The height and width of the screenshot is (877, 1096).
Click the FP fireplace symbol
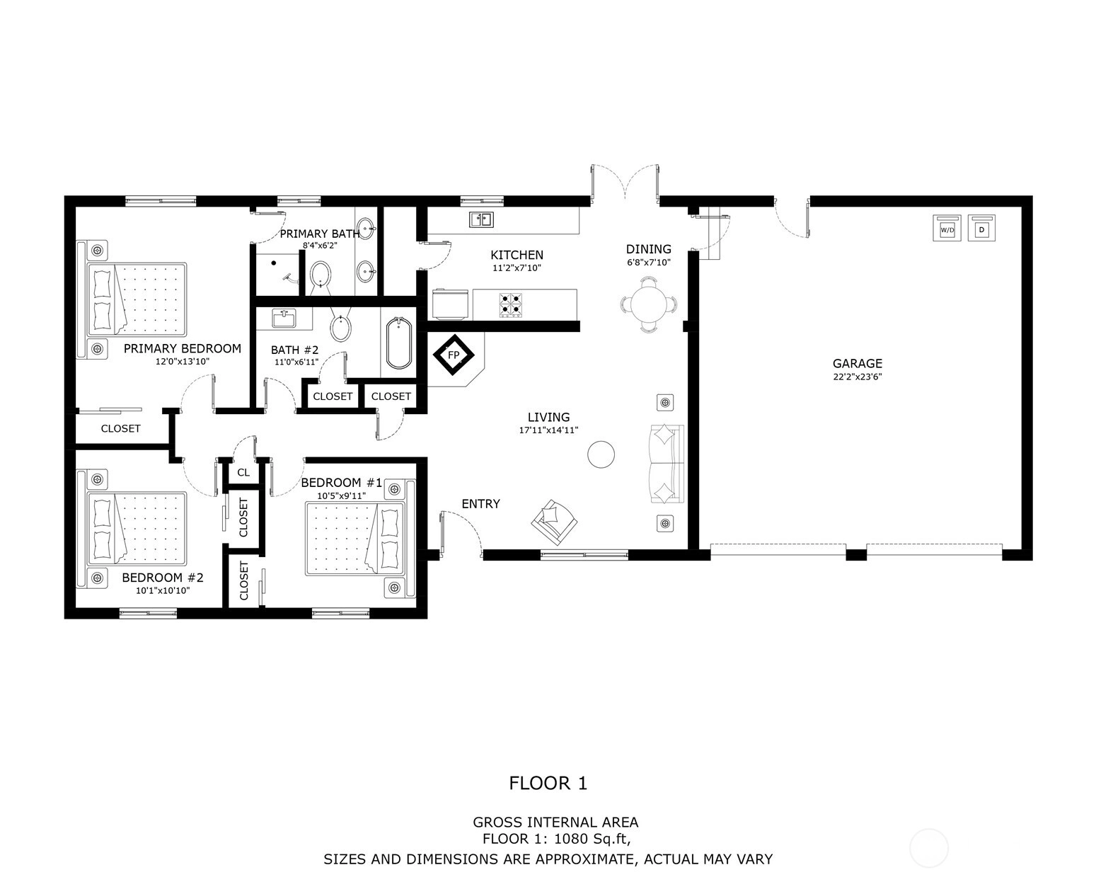click(454, 355)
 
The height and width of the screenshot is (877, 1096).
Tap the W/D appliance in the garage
click(947, 228)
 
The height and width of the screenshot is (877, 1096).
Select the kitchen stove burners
click(510, 304)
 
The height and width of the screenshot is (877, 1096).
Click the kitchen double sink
click(480, 219)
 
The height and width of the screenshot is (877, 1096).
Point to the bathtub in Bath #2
click(399, 343)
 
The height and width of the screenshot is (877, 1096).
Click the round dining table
click(648, 304)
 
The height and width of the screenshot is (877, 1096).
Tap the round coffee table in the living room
click(601, 454)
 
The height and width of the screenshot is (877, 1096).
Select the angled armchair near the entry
click(554, 521)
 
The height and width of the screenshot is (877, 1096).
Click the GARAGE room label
click(857, 363)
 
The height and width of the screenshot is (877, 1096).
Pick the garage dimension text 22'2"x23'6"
click(857, 377)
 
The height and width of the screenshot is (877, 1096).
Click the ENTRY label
click(480, 503)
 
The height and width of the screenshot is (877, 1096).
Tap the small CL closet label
click(243, 472)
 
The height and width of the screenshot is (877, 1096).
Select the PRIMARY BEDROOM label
click(183, 348)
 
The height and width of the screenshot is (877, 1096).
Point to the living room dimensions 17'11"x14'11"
click(548, 430)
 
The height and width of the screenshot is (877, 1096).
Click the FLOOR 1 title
click(548, 783)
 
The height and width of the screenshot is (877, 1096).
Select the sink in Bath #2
click(284, 319)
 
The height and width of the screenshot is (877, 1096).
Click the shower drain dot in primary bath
click(274, 263)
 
